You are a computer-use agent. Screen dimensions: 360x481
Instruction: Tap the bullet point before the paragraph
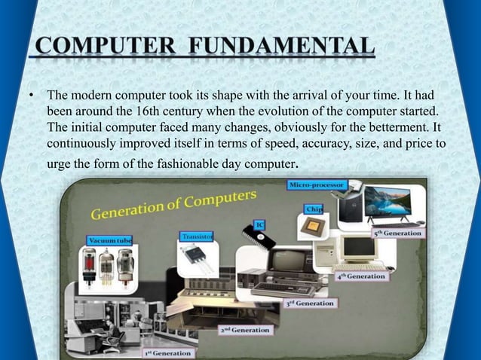click(x=32, y=96)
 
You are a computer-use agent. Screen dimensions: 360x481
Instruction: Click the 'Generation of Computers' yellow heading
click(x=175, y=203)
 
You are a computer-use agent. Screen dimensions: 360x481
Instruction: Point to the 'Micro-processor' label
click(x=316, y=185)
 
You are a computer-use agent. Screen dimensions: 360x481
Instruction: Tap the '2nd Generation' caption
click(x=246, y=329)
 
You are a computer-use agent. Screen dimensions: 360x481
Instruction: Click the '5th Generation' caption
click(x=399, y=233)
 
